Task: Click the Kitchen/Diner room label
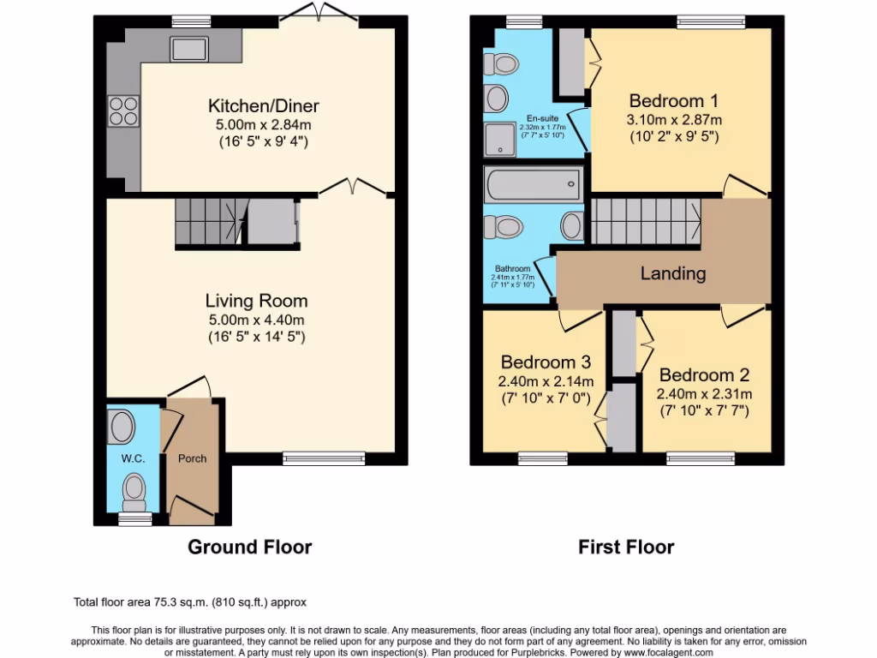click(263, 106)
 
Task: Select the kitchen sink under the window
click(188, 48)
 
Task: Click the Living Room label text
click(256, 301)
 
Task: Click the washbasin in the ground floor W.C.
click(123, 426)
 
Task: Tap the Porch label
click(192, 458)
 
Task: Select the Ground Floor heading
click(249, 547)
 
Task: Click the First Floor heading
click(626, 547)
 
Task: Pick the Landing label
click(673, 274)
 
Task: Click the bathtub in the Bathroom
click(532, 184)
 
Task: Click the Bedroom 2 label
click(704, 375)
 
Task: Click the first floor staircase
click(647, 220)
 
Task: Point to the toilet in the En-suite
click(501, 64)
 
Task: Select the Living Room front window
click(323, 458)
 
